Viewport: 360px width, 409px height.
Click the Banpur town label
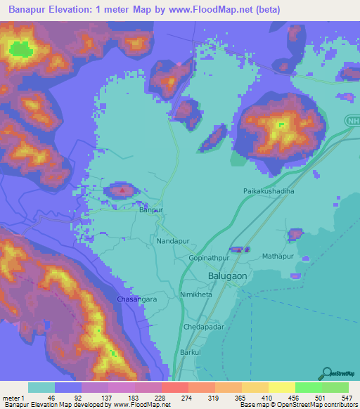coord(150,210)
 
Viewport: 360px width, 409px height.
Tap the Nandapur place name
coord(171,240)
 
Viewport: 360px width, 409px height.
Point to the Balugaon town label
coord(228,276)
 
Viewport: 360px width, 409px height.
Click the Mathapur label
coord(278,257)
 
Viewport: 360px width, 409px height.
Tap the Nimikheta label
coord(196,295)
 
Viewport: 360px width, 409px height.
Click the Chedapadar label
coord(203,327)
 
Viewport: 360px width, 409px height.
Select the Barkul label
coord(191,351)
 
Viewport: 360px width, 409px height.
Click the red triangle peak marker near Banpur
coord(123,188)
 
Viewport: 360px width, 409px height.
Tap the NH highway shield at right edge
coord(352,122)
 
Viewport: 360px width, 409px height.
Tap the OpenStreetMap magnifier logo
coord(326,373)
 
